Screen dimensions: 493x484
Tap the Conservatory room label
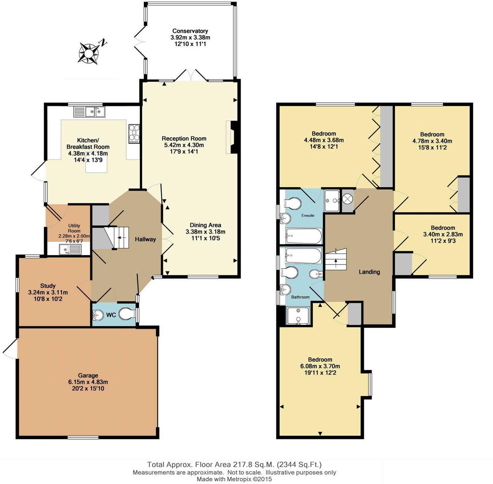[190, 31]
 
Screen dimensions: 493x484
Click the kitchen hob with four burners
[134, 134]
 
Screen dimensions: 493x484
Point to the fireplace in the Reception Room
[232, 137]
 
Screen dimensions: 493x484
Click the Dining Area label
[205, 225]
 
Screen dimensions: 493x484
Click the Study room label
[48, 286]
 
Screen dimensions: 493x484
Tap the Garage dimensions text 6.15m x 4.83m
[88, 382]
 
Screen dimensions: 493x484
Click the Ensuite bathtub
[304, 236]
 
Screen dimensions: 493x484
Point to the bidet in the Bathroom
[316, 274]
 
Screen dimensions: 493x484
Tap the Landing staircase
[336, 260]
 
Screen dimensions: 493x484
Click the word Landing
[369, 272]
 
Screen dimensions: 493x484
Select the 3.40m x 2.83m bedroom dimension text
[443, 234]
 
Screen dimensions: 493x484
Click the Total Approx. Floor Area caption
[234, 465]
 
